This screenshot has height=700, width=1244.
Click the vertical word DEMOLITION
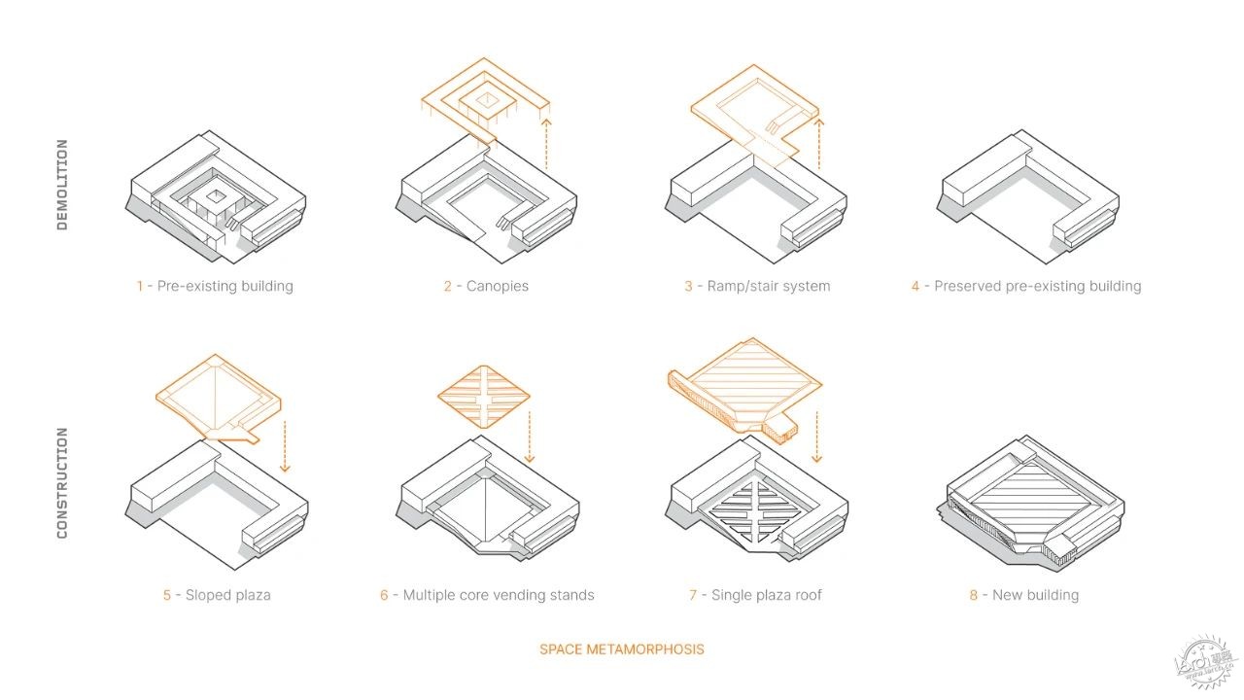pos(62,185)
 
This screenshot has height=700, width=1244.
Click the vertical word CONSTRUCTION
pos(62,483)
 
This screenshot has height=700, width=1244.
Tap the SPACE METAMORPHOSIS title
pos(621,649)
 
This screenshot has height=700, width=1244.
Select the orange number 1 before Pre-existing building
pos(140,286)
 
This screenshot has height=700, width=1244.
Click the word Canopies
pos(497,287)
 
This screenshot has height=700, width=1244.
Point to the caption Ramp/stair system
pos(769,287)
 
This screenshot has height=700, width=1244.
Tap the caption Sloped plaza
pos(227,596)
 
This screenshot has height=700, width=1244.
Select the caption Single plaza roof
pos(767,596)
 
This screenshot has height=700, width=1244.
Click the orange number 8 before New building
pos(974,596)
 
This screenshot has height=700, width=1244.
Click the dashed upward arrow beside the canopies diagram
pos(546,144)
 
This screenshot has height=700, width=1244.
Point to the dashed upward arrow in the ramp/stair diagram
pos(818,144)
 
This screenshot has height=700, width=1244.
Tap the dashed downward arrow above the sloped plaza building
pos(285,446)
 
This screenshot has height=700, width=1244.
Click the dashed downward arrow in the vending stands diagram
pos(530,437)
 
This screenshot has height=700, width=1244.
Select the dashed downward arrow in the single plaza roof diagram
pos(816,437)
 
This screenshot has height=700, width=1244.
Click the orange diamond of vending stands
pos(484,397)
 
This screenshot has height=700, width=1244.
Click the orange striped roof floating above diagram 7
pos(744,389)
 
